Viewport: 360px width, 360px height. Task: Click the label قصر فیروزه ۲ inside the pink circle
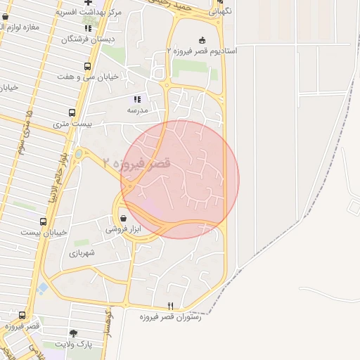point(136,163)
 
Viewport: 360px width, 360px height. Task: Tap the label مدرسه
point(137,110)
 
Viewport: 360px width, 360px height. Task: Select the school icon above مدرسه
point(137,100)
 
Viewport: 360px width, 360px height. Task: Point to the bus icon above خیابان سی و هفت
point(87,67)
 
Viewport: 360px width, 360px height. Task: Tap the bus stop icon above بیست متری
point(72,112)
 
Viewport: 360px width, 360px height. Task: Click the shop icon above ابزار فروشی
point(124,218)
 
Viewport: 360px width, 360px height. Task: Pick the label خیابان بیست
point(44,232)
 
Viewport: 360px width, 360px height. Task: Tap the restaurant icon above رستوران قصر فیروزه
point(170,306)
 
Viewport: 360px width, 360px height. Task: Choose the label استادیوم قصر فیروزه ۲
point(202,51)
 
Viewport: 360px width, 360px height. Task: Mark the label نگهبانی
point(222,12)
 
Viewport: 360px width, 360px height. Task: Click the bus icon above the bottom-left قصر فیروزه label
point(22,315)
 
